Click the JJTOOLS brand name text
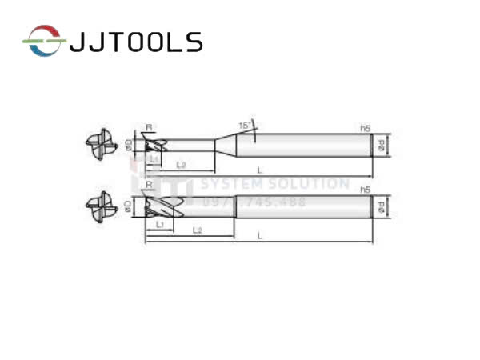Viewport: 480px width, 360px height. tap(136, 41)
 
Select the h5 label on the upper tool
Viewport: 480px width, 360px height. tap(366, 128)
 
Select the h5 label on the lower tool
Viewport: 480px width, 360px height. tap(366, 190)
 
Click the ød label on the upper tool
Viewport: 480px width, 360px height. tap(382, 145)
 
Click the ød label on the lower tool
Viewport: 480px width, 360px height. tap(382, 207)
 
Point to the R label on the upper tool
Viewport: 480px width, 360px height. tap(149, 127)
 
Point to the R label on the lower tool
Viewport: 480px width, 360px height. tap(149, 186)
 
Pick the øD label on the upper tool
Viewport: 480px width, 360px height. tap(129, 145)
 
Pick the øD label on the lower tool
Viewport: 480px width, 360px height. tap(129, 207)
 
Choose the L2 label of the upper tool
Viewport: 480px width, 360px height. tap(181, 165)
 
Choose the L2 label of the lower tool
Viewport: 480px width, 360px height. tap(197, 230)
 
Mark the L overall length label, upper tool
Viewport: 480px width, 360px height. tap(258, 170)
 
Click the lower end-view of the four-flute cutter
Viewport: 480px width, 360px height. tap(101, 207)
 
